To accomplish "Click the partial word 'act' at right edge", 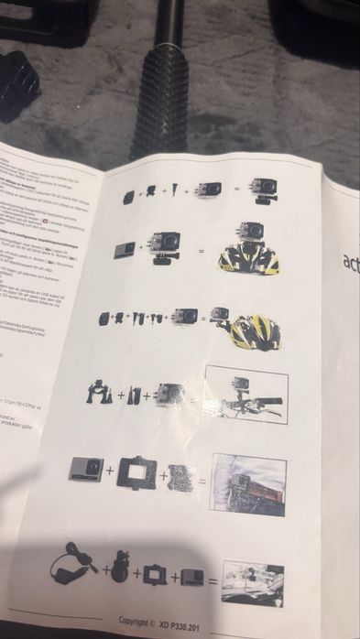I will (x=350, y=262).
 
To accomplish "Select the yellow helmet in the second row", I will (x=248, y=259).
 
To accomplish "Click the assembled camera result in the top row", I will (x=265, y=190).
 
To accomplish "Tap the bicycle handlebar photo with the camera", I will (x=246, y=395).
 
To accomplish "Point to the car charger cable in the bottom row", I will (x=70, y=565).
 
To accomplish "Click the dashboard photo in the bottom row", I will (x=253, y=583).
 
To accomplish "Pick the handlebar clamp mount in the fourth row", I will (x=99, y=391).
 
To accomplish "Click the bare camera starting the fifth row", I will (x=86, y=470).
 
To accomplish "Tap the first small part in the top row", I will (x=129, y=197).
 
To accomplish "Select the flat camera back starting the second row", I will (x=124, y=250).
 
